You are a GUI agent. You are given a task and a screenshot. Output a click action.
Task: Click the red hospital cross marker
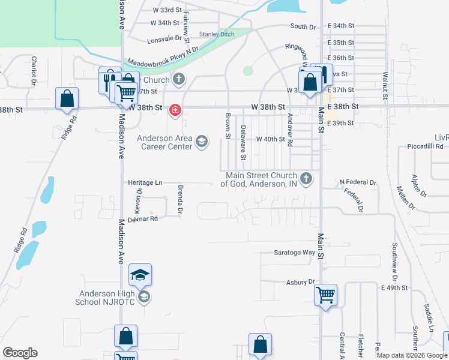175,110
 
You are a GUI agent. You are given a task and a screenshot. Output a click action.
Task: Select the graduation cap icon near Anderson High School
140,275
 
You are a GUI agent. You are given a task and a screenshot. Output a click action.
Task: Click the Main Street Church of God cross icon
306,179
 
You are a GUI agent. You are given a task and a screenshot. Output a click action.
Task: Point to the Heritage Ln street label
145,182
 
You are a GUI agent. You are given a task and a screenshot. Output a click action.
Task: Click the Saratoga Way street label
294,253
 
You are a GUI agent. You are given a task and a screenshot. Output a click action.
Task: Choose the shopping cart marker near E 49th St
325,295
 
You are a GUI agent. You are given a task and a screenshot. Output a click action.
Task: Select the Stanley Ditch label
217,34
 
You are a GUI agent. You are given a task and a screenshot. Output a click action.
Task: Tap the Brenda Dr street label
179,199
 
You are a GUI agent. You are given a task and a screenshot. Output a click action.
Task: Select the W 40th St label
270,139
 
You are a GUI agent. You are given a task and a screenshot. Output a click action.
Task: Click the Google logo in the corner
20,353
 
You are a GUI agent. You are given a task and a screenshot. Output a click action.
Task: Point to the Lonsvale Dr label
164,38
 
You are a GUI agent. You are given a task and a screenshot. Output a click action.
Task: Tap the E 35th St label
341,43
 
